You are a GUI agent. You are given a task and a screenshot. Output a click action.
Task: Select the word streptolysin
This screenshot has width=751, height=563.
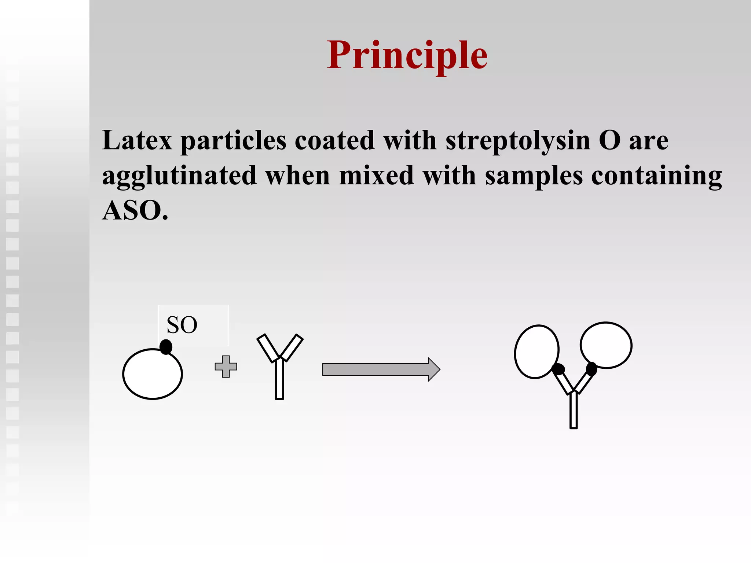(x=518, y=141)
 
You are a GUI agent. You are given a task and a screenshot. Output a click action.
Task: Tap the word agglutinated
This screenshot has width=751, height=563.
(x=179, y=176)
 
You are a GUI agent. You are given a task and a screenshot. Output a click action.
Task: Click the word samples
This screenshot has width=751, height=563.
(x=534, y=176)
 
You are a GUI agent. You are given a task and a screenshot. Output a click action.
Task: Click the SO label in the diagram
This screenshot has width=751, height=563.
(x=182, y=325)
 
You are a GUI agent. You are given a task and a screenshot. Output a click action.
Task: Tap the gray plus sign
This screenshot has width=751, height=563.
(x=226, y=367)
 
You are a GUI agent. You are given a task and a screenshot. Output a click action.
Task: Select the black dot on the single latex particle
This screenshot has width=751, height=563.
(x=166, y=347)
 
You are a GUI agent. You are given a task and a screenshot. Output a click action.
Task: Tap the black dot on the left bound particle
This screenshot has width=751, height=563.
(x=558, y=369)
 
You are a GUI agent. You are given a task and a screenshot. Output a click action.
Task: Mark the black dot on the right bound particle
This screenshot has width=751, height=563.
(x=591, y=368)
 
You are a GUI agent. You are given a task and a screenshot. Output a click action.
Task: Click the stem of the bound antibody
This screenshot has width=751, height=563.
(x=574, y=411)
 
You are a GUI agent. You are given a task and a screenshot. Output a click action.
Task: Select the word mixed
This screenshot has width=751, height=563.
(x=377, y=176)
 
